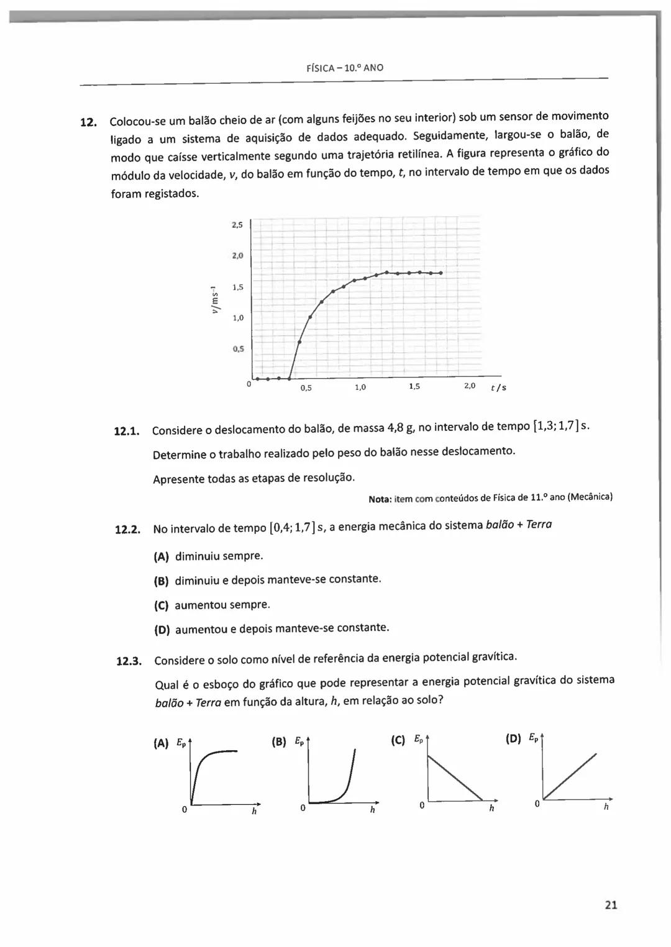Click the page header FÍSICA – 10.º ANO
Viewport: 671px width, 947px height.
(345, 68)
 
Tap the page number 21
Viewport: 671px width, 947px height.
(611, 905)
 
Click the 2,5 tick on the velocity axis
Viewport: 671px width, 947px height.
(237, 225)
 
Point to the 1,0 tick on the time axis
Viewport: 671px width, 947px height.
(360, 387)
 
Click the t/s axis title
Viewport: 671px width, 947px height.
(498, 388)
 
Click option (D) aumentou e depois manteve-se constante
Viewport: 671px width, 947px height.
(281, 629)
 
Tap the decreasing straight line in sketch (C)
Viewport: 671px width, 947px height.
(455, 776)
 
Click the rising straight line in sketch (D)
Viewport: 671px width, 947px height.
(570, 776)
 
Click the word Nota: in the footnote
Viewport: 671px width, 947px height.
(380, 499)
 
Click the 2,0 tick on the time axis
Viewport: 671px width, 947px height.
(470, 386)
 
